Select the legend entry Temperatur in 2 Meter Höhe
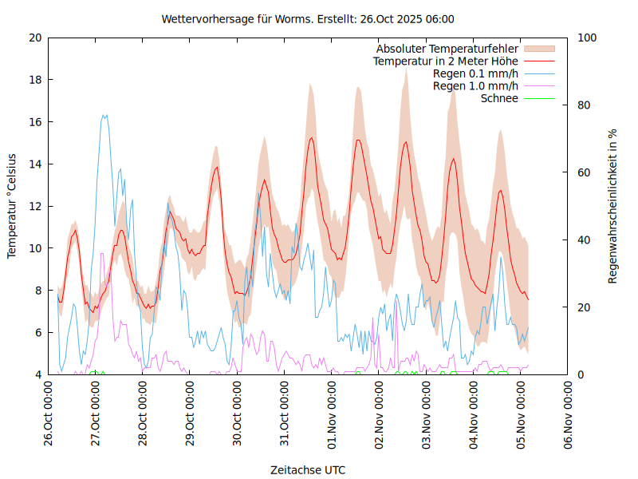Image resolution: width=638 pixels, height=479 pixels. click(445, 61)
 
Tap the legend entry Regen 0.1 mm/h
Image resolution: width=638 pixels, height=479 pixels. click(475, 73)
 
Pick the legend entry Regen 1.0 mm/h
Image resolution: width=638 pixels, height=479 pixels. click(475, 86)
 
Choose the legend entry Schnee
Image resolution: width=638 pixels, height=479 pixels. click(499, 98)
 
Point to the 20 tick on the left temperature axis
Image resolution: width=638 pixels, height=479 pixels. click(35, 38)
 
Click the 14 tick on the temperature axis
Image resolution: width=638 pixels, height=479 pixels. click(35, 164)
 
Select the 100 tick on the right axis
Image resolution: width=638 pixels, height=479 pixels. click(587, 38)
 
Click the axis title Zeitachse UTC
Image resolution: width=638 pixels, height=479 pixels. click(308, 469)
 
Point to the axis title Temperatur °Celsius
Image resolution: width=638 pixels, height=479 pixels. click(12, 205)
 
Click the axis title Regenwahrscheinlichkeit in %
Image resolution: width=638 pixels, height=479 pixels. click(613, 205)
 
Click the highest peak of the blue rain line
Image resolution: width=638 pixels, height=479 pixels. click(104, 115)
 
